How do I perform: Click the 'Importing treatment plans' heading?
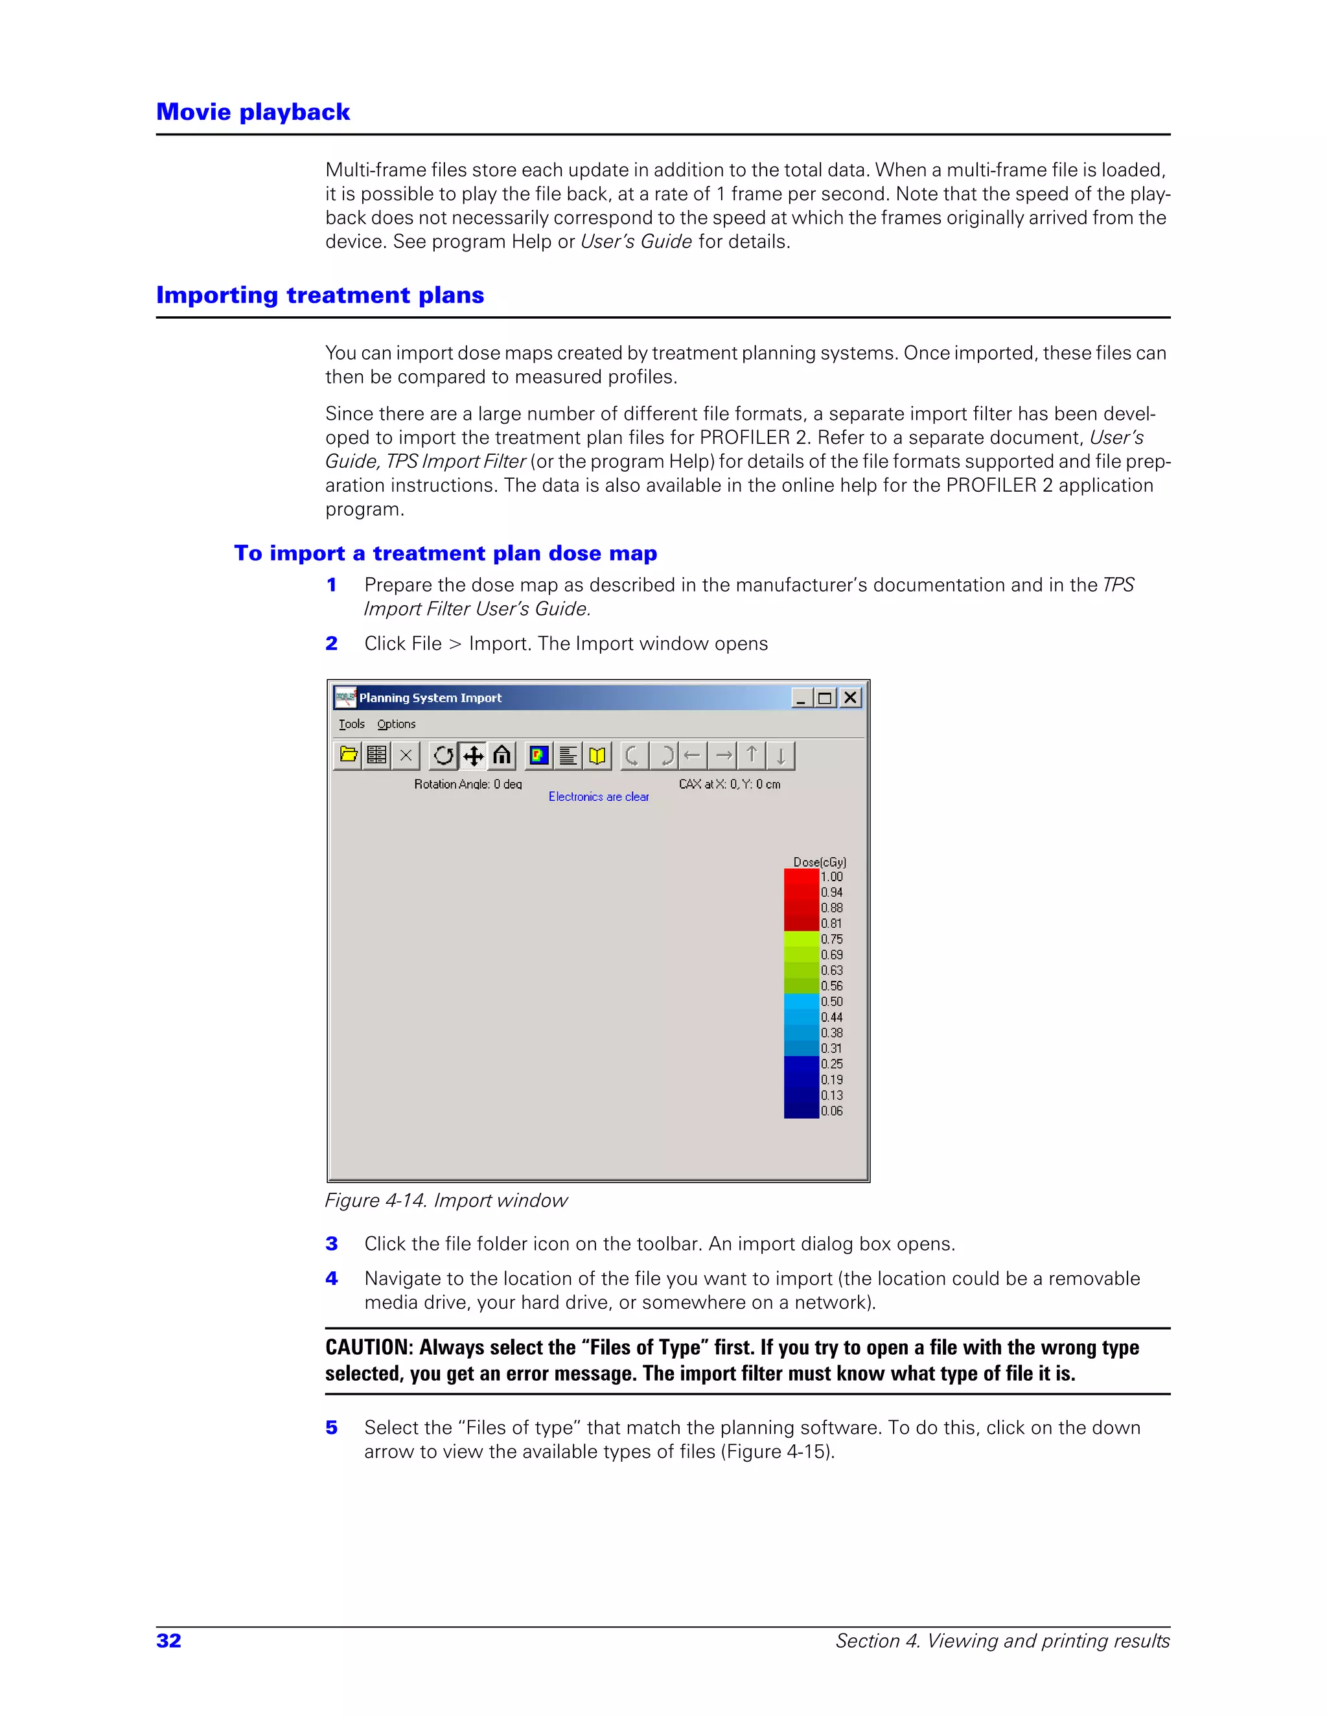click(320, 295)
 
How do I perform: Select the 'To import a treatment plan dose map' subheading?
click(445, 553)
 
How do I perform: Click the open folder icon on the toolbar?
click(348, 755)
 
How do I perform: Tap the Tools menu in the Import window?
click(351, 724)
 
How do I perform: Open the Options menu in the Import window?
click(396, 724)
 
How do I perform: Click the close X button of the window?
click(850, 697)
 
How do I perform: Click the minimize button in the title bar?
click(800, 697)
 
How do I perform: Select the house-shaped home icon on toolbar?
click(502, 755)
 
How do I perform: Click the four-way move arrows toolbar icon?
click(473, 755)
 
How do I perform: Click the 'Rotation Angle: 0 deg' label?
click(468, 784)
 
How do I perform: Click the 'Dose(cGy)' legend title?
click(819, 862)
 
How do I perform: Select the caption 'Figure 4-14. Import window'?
click(446, 1201)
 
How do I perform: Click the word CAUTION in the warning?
click(368, 1347)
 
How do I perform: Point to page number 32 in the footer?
click(169, 1641)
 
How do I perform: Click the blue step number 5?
click(332, 1427)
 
